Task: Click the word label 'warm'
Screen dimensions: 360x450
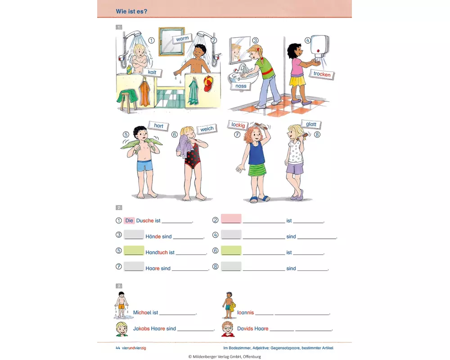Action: (182, 39)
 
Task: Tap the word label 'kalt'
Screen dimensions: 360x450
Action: (152, 72)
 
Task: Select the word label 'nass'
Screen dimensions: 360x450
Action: (241, 85)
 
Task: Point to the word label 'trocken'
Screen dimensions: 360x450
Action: (322, 74)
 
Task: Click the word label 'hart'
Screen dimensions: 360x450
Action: (158, 126)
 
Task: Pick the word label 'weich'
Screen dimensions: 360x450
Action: (207, 129)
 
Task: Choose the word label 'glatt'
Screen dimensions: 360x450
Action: (311, 124)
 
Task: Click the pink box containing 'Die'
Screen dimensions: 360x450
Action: (130, 220)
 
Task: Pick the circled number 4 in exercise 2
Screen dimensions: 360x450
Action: (216, 235)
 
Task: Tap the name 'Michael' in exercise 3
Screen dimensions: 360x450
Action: (142, 312)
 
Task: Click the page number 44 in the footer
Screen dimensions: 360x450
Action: (117, 348)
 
